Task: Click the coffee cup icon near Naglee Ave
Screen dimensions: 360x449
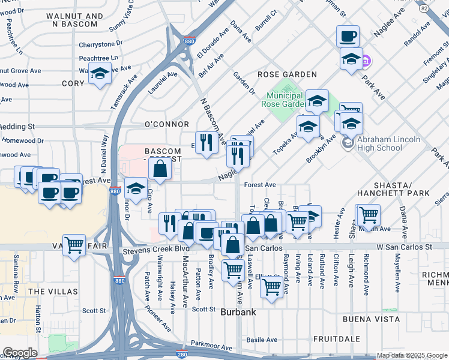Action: (x=348, y=37)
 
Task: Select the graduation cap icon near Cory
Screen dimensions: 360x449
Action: (x=100, y=73)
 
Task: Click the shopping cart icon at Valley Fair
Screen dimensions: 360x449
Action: (x=74, y=244)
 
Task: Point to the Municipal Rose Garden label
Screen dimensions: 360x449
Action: (x=285, y=100)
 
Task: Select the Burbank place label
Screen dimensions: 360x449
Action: (x=238, y=312)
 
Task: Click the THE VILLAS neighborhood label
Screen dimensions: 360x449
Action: (x=53, y=292)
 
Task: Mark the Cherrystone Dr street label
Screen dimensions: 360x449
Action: (x=101, y=44)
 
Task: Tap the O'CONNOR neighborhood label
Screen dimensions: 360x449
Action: (x=158, y=124)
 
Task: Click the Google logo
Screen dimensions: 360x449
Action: (x=20, y=353)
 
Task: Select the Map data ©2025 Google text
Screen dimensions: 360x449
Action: (x=412, y=355)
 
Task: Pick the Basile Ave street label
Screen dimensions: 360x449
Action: (x=262, y=340)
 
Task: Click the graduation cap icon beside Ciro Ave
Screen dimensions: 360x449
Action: (x=136, y=188)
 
